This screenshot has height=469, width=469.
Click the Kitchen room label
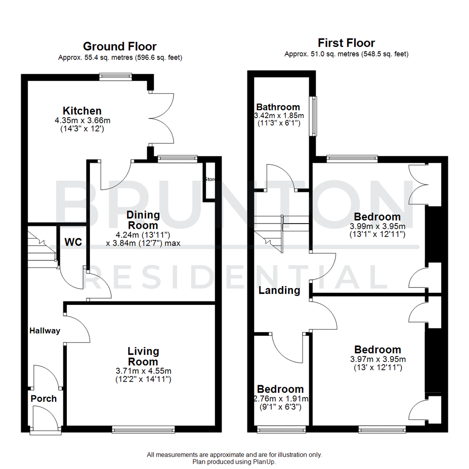(x=82, y=111)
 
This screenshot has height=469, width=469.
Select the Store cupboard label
(x=210, y=179)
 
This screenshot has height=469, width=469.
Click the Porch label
(x=43, y=399)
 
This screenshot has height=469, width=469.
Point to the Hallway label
(x=45, y=331)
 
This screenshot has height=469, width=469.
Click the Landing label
(x=279, y=291)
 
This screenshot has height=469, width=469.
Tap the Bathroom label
(x=278, y=107)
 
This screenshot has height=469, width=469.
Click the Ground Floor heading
(x=119, y=46)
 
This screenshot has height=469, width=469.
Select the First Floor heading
(x=346, y=43)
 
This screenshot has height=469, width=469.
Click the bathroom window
(x=313, y=116)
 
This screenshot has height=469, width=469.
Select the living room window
(x=143, y=429)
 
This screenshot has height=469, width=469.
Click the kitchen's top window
(x=116, y=77)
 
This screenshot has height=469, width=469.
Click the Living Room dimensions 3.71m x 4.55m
(x=143, y=371)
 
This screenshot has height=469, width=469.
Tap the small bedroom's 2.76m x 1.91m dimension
(x=280, y=399)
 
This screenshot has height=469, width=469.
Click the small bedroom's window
(x=281, y=429)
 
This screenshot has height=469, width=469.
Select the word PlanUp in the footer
(x=264, y=462)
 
